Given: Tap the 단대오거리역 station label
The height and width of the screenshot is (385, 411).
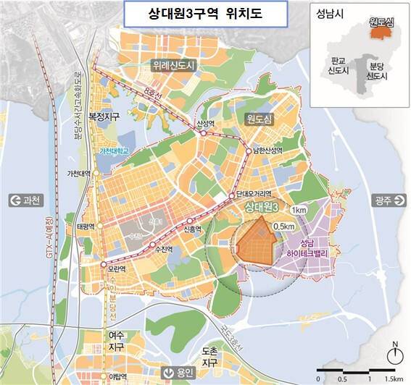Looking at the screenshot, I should [x=254, y=195].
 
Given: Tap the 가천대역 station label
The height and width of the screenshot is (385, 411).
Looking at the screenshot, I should [x=78, y=174].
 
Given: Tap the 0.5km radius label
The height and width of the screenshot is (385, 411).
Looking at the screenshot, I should [x=284, y=226].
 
